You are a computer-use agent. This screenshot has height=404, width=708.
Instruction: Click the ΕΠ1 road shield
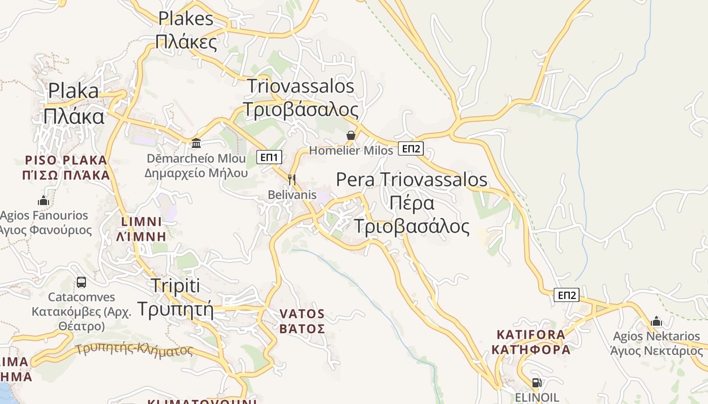pos(269,158)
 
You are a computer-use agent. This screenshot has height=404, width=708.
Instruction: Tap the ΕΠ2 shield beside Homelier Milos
pos(411,148)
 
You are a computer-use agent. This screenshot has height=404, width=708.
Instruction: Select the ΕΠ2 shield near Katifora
pos(566,295)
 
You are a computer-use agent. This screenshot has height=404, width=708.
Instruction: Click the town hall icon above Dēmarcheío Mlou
pos(196,143)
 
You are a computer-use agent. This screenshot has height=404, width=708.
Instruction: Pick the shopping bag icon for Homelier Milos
pos(350,135)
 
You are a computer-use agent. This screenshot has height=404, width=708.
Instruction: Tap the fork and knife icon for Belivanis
pos(291,179)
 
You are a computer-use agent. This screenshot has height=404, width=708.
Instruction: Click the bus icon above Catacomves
pos(81,282)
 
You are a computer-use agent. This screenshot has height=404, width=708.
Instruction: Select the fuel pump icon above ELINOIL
pos(537,383)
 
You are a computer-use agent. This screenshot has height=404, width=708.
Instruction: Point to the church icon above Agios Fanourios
pos(43,200)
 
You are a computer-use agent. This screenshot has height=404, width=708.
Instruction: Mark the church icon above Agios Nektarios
pos(656,321)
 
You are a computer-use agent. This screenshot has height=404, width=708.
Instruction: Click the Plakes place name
pos(186,19)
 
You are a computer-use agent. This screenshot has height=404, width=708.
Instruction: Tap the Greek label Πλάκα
pos(74,116)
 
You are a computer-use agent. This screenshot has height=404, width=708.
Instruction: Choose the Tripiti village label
pos(175,286)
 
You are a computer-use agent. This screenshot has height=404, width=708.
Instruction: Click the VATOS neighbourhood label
pos(302,314)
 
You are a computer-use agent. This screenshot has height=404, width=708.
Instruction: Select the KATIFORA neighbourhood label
pos(531,335)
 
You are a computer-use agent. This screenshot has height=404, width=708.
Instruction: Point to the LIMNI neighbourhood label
pos(142,222)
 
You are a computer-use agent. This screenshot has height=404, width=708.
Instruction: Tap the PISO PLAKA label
pos(66,161)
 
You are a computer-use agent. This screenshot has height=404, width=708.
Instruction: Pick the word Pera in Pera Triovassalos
pos(356,179)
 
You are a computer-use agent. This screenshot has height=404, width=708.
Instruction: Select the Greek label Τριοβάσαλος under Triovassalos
pos(300,110)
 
